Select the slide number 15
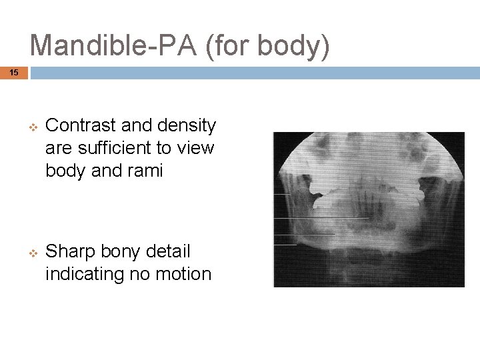click(14, 72)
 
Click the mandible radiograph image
click(369, 209)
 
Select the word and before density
click(141, 125)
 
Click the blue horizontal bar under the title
click(254, 72)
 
